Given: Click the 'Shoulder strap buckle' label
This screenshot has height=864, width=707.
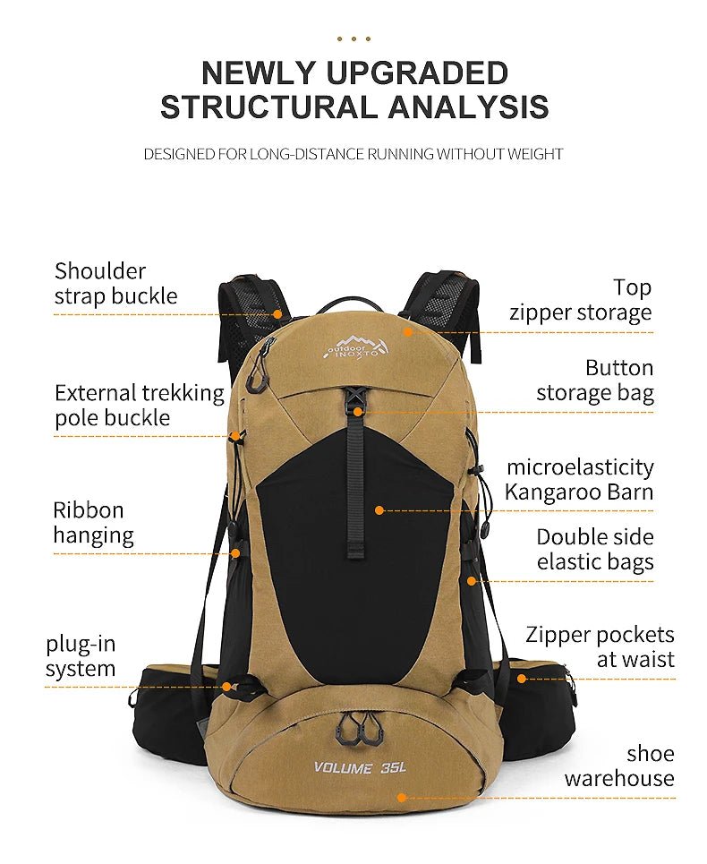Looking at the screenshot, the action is point(115,283).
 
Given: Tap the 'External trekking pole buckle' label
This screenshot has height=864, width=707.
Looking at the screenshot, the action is point(140,405).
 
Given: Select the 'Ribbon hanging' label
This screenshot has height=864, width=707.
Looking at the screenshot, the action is point(93,522).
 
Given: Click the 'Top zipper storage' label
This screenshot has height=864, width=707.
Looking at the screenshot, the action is point(580,300).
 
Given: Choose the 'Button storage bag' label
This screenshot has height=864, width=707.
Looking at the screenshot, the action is point(595,381).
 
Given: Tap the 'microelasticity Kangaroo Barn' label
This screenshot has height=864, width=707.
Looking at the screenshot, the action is point(579,479).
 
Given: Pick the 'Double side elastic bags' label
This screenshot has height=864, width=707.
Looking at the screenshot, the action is point(595,550).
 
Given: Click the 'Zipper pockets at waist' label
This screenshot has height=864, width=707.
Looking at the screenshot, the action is point(601,646).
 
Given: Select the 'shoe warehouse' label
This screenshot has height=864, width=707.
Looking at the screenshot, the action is point(619,766).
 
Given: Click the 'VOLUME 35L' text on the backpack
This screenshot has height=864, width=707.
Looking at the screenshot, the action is point(360,767).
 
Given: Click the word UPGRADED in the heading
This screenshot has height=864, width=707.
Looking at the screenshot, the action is point(417,73).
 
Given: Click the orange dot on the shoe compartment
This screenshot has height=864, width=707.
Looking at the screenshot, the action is point(402,798).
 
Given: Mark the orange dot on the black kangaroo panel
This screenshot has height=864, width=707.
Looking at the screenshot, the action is point(379,510).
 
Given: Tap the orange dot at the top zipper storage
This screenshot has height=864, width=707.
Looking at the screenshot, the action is point(407,331).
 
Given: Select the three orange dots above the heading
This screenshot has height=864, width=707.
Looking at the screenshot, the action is point(353,38).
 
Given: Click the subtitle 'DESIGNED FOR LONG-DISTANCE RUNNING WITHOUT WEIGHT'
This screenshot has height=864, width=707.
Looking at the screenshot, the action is point(353,154).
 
